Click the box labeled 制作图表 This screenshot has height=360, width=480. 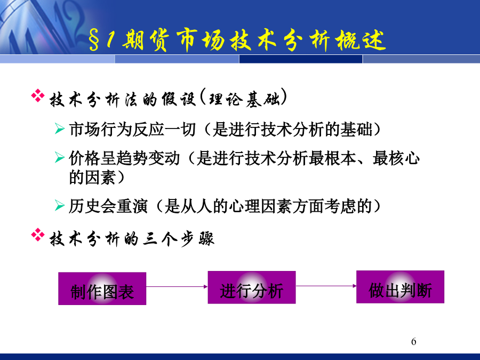(x=102, y=289)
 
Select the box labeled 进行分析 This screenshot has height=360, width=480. (x=252, y=287)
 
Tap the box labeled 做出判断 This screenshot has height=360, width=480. (x=400, y=287)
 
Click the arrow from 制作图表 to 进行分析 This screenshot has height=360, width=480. (x=177, y=286)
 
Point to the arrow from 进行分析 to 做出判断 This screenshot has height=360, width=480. (x=326, y=286)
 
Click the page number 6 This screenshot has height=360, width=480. (x=413, y=341)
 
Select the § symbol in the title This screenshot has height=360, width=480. (x=94, y=41)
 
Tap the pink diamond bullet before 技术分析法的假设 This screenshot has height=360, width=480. (x=38, y=95)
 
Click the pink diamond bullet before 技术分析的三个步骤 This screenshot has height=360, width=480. (x=38, y=235)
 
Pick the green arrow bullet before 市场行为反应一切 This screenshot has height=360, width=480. (x=59, y=129)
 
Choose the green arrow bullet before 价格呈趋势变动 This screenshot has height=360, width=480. (x=59, y=157)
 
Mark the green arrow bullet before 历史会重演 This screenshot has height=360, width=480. (x=59, y=205)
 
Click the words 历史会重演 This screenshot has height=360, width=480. (x=108, y=206)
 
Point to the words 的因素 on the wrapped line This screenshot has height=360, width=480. (x=92, y=177)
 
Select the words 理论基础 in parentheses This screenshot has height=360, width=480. (x=244, y=99)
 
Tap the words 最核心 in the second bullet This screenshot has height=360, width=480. (x=396, y=158)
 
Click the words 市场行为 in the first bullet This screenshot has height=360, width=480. (x=100, y=129)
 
